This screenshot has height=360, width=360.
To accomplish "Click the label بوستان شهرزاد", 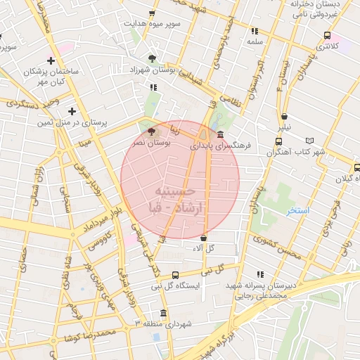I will [153, 70].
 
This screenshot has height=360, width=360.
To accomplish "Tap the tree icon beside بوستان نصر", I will [151, 131].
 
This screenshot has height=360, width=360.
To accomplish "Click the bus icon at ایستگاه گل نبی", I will [175, 275].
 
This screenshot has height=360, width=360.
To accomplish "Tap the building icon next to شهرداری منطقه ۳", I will [164, 313].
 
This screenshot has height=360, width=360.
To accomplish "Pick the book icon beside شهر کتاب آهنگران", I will [321, 141].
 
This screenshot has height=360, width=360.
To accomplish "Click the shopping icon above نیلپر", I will [284, 117].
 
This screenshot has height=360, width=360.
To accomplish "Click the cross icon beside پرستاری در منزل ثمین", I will [72, 111].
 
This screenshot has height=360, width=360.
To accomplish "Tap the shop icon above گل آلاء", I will [203, 237].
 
